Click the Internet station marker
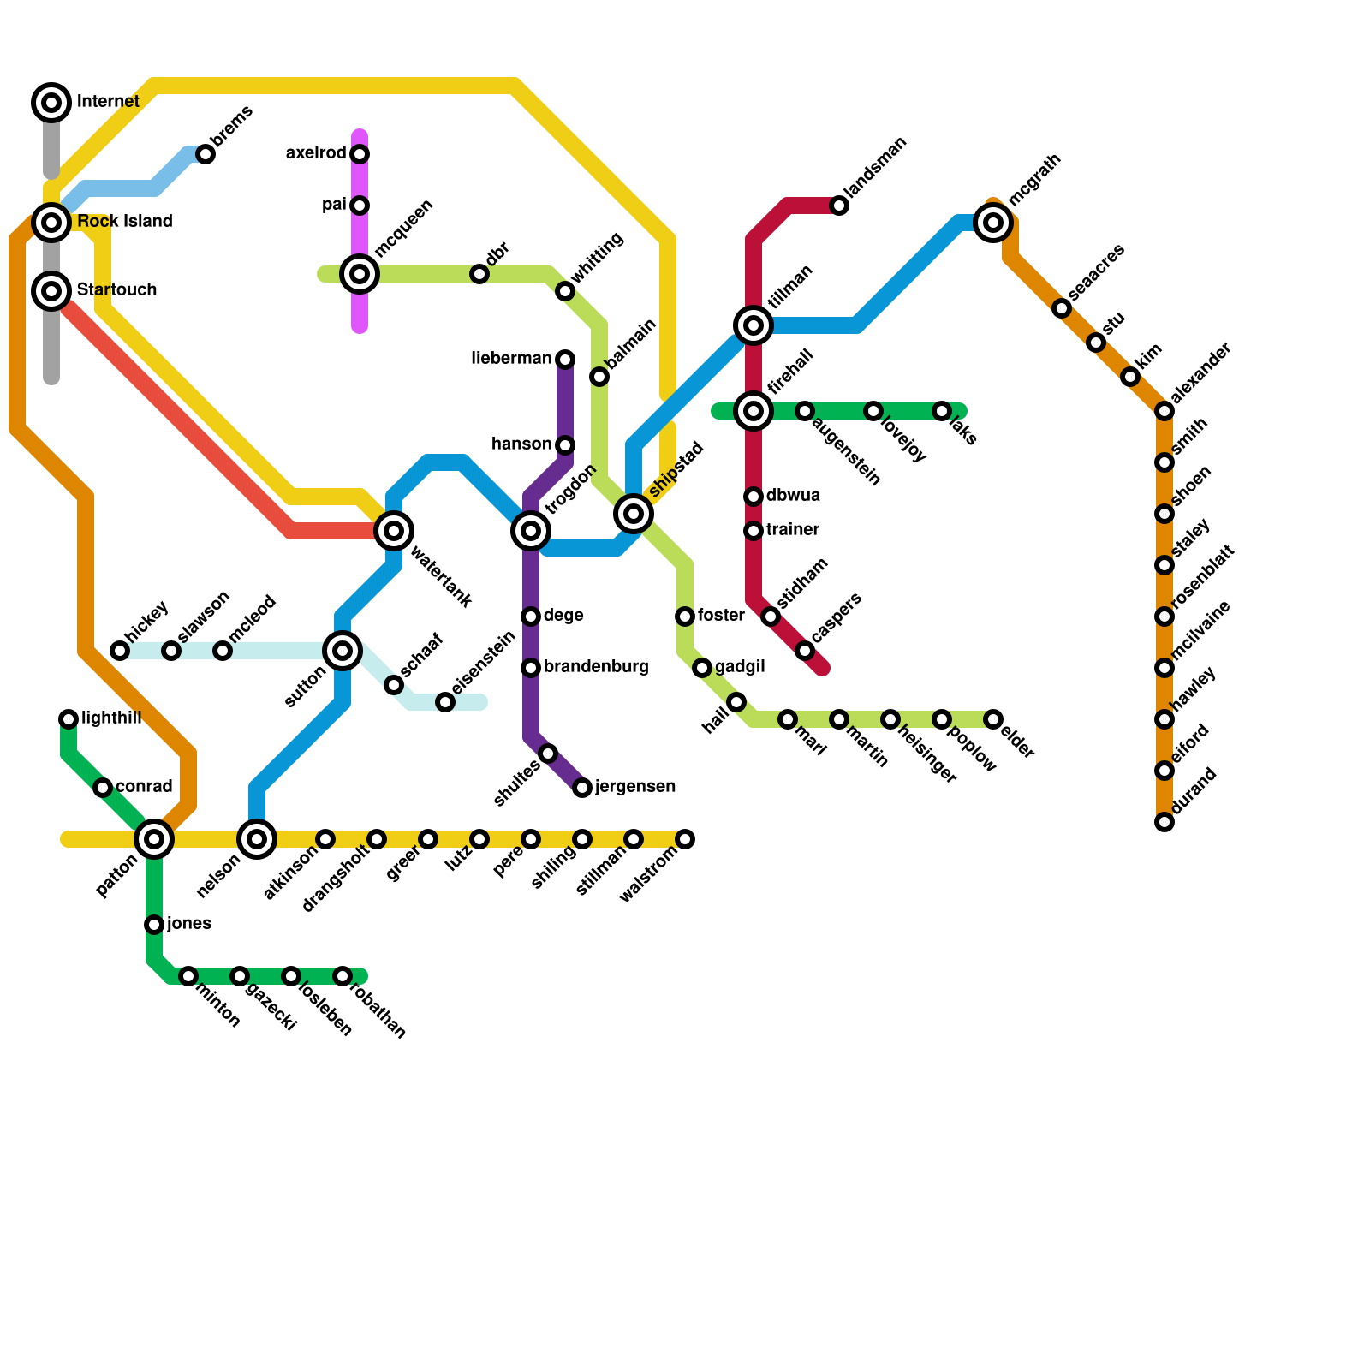point(51,103)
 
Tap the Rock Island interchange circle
point(51,223)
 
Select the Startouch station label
point(116,290)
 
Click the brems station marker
point(205,154)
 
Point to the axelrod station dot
point(360,154)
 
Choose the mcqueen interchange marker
point(360,274)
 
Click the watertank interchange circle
point(394,531)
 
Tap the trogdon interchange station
point(531,531)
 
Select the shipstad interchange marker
point(634,514)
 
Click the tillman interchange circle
point(753,325)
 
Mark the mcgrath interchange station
point(993,223)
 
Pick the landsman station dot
point(839,205)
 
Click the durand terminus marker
point(1164,822)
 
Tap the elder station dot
point(993,719)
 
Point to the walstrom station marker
point(685,839)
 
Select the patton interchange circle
point(154,839)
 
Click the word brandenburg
point(596,667)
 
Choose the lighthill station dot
point(68,719)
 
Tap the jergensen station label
point(635,787)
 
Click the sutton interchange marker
point(342,651)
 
